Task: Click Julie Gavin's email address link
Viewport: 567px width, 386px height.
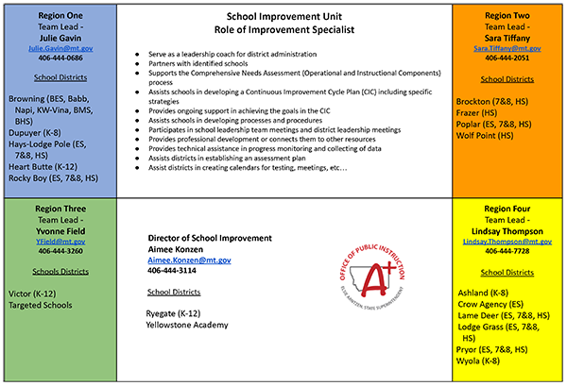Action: click(x=59, y=45)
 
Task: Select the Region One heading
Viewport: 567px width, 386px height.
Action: click(x=59, y=16)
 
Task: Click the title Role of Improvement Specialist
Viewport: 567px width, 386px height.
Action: click(x=284, y=30)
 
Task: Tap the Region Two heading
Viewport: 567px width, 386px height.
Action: click(x=508, y=16)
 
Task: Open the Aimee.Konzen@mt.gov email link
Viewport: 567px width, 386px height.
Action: click(x=189, y=260)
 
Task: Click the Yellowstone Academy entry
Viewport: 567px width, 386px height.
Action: click(x=187, y=325)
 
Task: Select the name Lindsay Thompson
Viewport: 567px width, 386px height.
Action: click(x=508, y=232)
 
